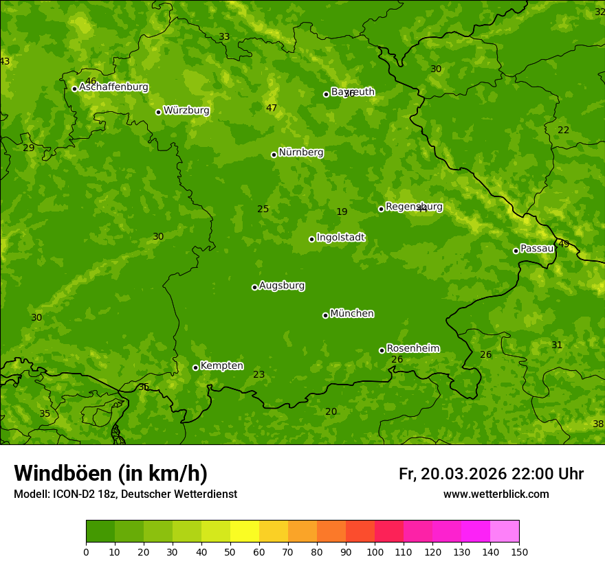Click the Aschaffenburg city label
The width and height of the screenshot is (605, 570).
pos(113,87)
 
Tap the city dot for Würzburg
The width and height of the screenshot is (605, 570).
pos(158,112)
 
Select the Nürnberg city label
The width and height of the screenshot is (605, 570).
pos(300,152)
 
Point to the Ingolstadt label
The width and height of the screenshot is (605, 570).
pos(340,238)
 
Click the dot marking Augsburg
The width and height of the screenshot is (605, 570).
pos(254,287)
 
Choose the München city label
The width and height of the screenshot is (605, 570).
pos(352,314)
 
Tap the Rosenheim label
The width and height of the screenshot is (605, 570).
pos(412,348)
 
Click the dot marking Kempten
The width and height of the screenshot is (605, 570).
pos(195,367)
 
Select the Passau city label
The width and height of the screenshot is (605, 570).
pos(537,249)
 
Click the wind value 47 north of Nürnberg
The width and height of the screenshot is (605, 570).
pos(272,108)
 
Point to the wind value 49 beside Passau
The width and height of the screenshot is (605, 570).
pos(564,244)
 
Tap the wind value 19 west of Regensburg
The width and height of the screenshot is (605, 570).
pos(342,212)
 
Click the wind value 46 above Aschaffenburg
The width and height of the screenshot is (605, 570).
pos(91,81)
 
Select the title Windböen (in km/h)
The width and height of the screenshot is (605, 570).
pos(111,473)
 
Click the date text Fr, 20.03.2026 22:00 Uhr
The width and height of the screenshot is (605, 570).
pos(491,474)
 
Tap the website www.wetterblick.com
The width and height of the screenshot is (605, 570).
pos(496,494)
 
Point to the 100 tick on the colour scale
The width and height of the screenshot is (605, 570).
pos(375,551)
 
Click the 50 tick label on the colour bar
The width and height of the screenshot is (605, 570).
pos(230,551)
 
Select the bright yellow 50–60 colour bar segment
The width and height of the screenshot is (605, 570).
pos(245,532)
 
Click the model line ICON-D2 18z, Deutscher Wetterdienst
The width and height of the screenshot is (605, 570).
pos(125,494)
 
